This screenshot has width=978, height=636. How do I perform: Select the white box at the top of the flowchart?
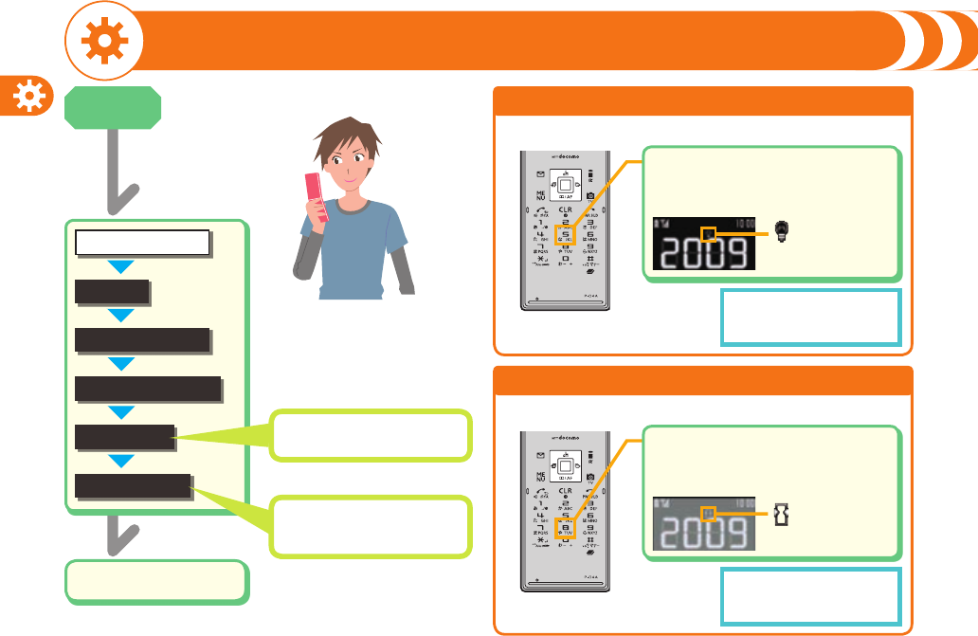(x=142, y=243)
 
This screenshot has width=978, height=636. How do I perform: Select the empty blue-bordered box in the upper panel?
(x=810, y=318)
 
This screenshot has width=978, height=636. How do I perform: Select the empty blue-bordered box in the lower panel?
(x=810, y=597)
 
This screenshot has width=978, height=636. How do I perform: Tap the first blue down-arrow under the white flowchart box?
(x=122, y=266)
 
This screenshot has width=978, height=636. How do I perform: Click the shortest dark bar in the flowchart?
(x=112, y=292)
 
